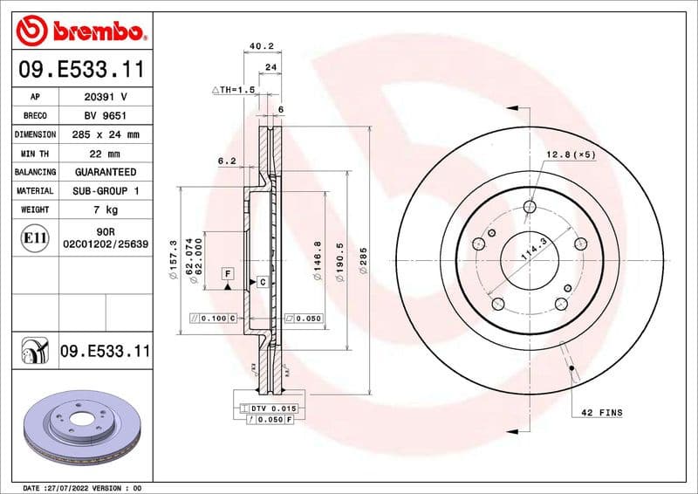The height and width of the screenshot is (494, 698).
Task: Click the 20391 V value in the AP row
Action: coord(106,96)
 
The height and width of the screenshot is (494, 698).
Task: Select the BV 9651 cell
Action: coord(106,115)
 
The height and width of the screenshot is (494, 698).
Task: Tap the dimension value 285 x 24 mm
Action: coord(106,134)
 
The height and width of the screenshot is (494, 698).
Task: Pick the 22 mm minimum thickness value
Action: coord(106,154)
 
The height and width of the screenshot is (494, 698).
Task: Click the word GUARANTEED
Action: coord(106,172)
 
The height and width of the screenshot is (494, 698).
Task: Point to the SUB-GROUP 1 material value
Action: coord(106,190)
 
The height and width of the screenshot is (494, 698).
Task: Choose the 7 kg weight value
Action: coord(106,209)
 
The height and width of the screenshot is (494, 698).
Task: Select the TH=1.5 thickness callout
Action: coord(233,90)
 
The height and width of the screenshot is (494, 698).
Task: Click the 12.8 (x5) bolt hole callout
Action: coord(571,154)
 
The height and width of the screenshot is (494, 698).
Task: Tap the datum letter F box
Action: coord(228,273)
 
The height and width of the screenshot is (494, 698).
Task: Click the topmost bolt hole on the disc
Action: coord(530,207)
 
